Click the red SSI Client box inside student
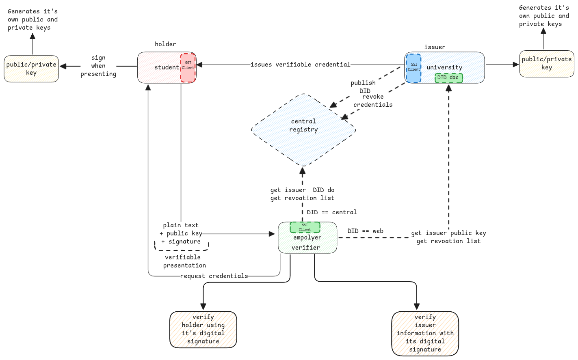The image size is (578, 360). tap(188, 67)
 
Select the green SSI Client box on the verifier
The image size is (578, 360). tap(305, 227)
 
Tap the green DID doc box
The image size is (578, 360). tap(448, 78)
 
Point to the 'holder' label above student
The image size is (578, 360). tap(165, 44)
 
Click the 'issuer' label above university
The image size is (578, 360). tap(435, 47)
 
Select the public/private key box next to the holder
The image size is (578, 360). tap(31, 69)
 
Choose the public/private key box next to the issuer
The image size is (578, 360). tap(546, 63)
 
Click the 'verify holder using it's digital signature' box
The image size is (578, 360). tap(203, 329)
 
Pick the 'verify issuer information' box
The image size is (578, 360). tap(425, 333)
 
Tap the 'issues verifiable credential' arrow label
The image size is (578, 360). tap(300, 65)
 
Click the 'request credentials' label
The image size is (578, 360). tap(214, 276)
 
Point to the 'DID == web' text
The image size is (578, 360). tap(365, 231)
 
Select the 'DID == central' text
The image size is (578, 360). tap(331, 212)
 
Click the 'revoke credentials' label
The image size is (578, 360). tap(373, 101)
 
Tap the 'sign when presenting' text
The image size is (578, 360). tap(98, 66)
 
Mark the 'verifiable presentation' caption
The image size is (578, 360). tap(184, 261)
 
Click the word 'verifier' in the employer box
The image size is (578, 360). tap(305, 248)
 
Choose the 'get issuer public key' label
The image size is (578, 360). tap(448, 233)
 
